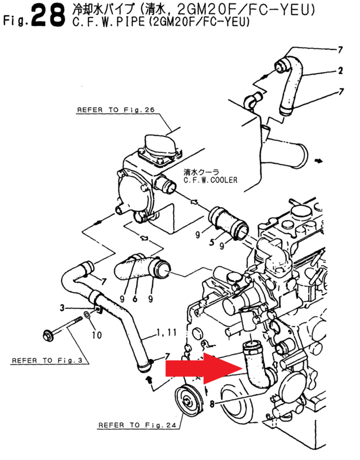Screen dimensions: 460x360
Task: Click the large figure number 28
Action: coord(48,15)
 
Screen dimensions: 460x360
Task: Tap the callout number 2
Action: coord(340,71)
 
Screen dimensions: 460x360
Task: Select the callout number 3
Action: coord(62,308)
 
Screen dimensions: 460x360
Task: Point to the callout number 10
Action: coord(96,333)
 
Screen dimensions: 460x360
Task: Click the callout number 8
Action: coord(212,404)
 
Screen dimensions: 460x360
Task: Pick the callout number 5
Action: coord(212,244)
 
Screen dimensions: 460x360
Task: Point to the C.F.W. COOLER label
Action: coord(210,180)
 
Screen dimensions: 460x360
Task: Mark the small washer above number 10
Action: coord(86,316)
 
